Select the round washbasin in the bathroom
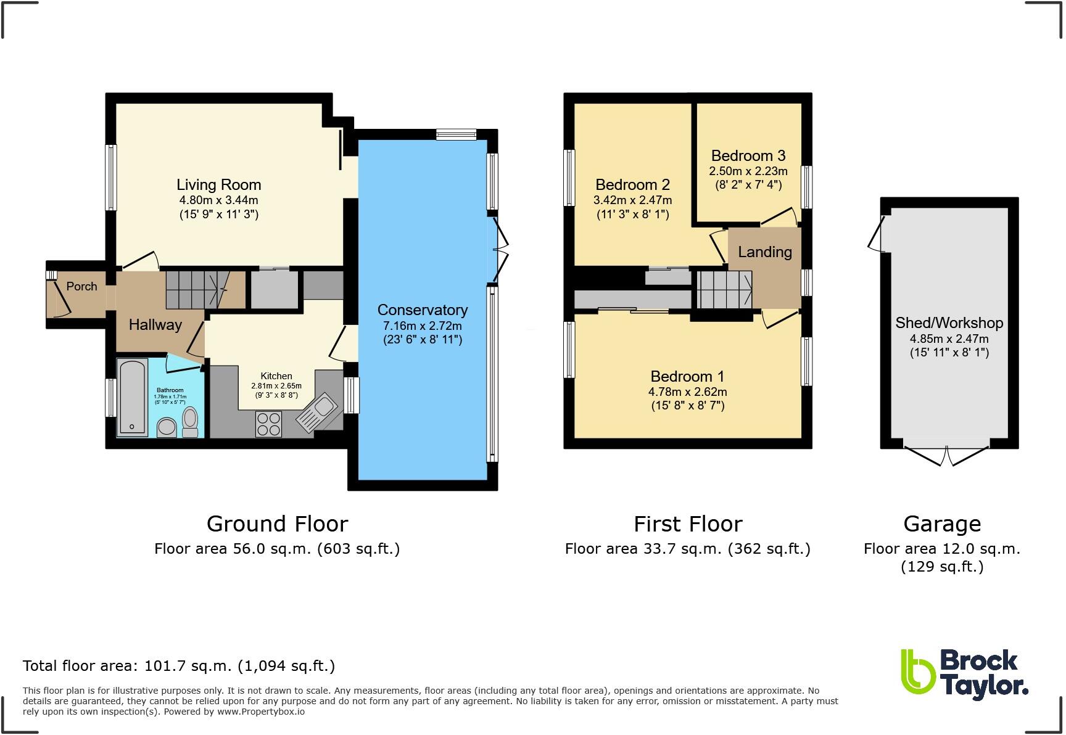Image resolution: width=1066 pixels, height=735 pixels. coord(167,427)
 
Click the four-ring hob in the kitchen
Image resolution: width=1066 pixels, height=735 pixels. coord(269,424)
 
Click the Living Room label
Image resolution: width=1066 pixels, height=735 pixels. coord(218,184)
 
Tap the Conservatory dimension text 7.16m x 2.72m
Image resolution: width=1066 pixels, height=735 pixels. coord(423,326)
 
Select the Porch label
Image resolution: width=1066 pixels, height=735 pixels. coord(81,286)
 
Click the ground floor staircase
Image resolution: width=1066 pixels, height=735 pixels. coord(197,289)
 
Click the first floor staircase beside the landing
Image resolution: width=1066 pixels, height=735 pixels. coord(724,289)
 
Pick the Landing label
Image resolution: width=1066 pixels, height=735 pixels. coord(765,252)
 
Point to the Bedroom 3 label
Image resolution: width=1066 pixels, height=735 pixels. coord(748,155)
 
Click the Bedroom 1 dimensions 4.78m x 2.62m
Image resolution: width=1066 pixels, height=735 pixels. coord(687,392)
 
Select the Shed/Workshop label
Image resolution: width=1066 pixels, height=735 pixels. coord(949,322)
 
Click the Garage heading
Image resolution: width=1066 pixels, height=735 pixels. coord(942,524)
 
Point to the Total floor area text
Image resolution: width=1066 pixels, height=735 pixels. coord(179,665)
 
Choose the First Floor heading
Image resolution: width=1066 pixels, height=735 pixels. coord(688,524)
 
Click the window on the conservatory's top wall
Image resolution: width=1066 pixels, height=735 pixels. coord(456,134)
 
